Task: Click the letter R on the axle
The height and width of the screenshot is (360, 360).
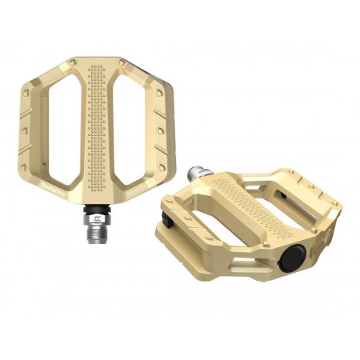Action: (96, 217)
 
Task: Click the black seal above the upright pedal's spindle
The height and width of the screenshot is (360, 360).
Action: (97, 206)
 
